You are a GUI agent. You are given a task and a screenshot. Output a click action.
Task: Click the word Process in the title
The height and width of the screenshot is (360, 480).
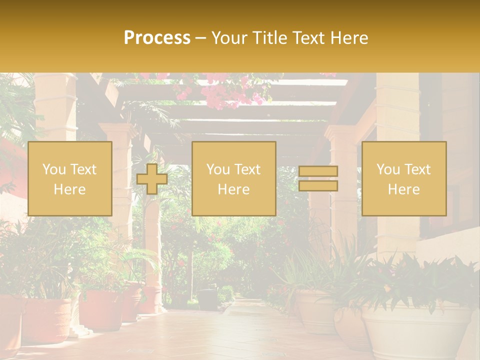[x=157, y=38]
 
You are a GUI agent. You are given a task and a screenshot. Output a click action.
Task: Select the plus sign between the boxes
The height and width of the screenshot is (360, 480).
[x=152, y=179]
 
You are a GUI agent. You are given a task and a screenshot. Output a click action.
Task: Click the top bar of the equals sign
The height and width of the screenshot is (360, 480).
[x=318, y=171]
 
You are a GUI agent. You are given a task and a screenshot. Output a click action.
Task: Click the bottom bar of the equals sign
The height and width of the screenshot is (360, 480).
[x=318, y=186]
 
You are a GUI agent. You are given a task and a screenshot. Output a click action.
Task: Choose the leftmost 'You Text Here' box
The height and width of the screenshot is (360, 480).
[x=70, y=179]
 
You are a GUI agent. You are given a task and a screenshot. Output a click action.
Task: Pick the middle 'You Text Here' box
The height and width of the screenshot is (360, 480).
[x=234, y=179]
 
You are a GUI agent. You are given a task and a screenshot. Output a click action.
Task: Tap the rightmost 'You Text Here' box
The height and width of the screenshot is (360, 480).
[x=404, y=179]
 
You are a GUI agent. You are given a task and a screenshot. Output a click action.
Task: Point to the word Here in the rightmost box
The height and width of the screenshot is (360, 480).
[x=404, y=189]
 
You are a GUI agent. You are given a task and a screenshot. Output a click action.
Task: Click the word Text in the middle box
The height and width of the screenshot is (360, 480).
[x=247, y=169]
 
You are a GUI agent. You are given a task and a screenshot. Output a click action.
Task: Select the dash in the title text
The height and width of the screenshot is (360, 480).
[x=201, y=38]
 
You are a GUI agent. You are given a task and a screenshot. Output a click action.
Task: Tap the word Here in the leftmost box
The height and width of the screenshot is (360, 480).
[x=70, y=189]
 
